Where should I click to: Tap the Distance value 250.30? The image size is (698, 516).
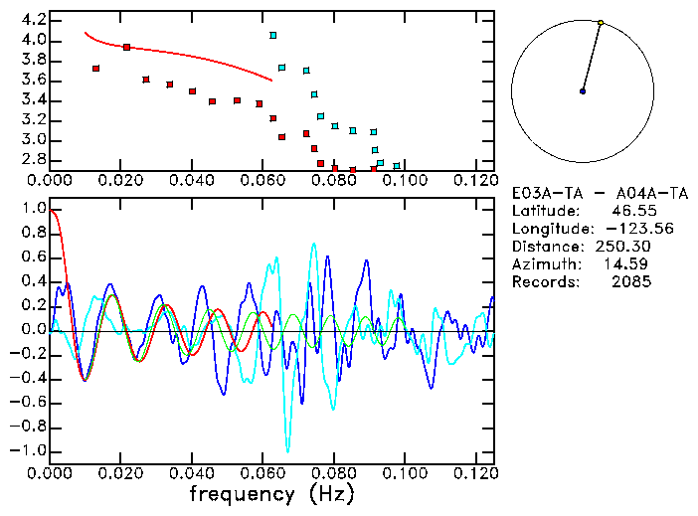pos(628,247)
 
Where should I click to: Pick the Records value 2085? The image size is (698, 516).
pos(632,282)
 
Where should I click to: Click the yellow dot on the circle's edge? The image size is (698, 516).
pos(601,22)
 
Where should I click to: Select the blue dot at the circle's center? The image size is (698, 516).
pos(583,91)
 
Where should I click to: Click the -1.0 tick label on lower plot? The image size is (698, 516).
pos(29,450)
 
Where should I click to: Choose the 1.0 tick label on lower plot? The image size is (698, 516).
pos(32,210)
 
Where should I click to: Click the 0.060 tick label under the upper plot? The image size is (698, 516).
pos(263,181)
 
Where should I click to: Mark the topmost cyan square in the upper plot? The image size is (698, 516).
pos(273,36)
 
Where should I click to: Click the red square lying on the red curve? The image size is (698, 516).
pos(126,47)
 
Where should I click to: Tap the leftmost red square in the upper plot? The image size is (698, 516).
pos(95,69)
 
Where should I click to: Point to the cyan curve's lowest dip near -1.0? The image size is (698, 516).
pos(288,449)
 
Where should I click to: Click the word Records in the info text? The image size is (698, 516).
pos(543,282)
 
